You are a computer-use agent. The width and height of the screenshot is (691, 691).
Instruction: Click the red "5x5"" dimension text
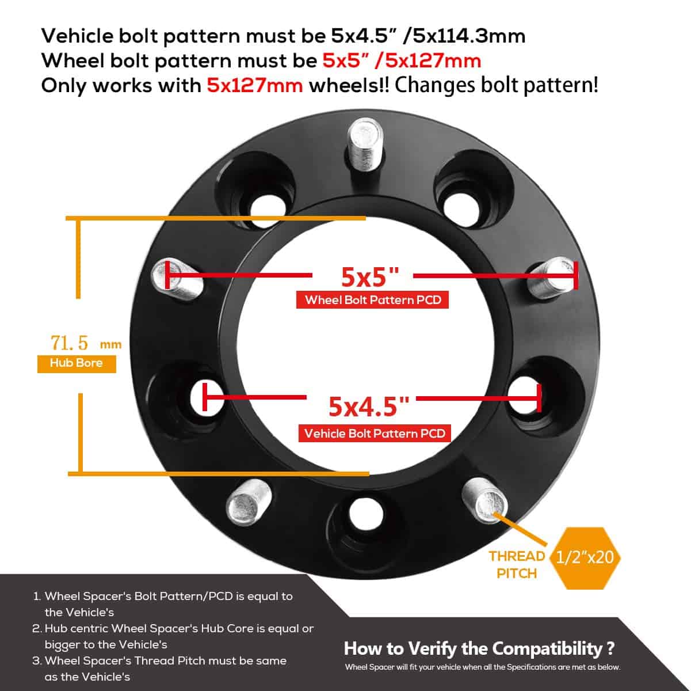[x=369, y=277]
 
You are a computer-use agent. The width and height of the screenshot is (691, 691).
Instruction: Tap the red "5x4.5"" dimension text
[x=369, y=406]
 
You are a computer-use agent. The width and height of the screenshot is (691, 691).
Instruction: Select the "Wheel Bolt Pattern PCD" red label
[x=372, y=300]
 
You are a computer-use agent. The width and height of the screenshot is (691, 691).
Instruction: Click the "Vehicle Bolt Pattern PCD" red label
[x=375, y=434]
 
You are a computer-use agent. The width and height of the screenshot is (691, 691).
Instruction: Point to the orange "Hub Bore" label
[x=77, y=363]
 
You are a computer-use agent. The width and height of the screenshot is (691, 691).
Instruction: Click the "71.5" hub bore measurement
[x=70, y=343]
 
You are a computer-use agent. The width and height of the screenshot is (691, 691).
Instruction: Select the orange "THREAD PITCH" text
[x=517, y=564]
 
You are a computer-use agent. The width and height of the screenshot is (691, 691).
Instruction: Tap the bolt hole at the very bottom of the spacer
[x=361, y=511]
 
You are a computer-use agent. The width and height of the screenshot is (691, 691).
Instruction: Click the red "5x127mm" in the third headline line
[x=254, y=85]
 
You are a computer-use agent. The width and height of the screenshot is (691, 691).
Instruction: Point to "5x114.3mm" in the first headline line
[x=465, y=36]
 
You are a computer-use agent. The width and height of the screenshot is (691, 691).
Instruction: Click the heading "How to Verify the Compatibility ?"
[x=479, y=649]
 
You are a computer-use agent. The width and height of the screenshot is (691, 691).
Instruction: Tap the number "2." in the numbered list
[x=36, y=629]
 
